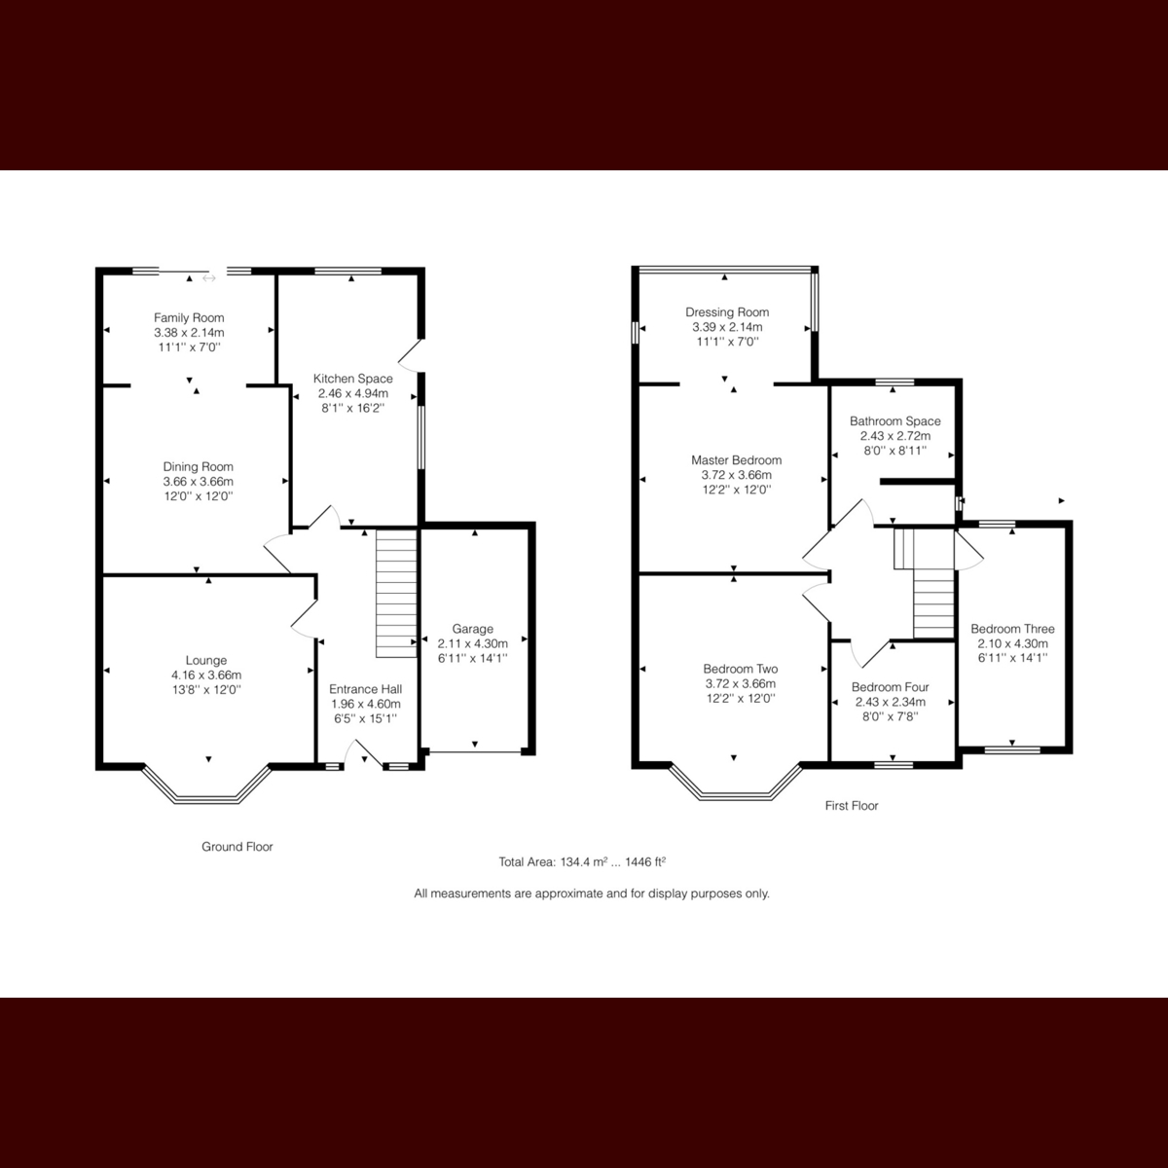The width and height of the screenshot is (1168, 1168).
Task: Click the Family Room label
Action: (x=189, y=317)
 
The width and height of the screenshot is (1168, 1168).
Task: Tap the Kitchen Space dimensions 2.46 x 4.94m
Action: (x=352, y=393)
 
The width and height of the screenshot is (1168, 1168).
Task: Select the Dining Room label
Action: (x=198, y=466)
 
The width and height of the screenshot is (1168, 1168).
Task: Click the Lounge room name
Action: (x=206, y=660)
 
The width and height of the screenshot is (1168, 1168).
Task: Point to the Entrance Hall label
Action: (x=365, y=688)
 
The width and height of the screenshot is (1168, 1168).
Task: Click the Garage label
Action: (x=472, y=629)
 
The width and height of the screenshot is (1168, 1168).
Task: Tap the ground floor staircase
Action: (x=396, y=594)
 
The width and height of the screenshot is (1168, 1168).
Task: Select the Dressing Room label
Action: (x=727, y=312)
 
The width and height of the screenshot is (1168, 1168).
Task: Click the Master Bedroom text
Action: (x=736, y=460)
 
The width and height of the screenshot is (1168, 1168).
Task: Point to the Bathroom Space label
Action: (x=894, y=421)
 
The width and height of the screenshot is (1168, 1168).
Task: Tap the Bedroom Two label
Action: (x=740, y=669)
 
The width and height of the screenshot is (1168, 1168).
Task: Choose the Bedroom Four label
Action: (x=890, y=686)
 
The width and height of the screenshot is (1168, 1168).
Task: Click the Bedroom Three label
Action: (x=1012, y=629)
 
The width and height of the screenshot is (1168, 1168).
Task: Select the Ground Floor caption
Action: (x=237, y=847)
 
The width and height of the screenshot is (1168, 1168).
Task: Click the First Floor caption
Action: (x=851, y=806)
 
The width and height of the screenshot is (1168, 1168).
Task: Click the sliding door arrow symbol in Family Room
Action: (x=208, y=278)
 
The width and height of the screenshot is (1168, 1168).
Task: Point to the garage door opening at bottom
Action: (x=474, y=751)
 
